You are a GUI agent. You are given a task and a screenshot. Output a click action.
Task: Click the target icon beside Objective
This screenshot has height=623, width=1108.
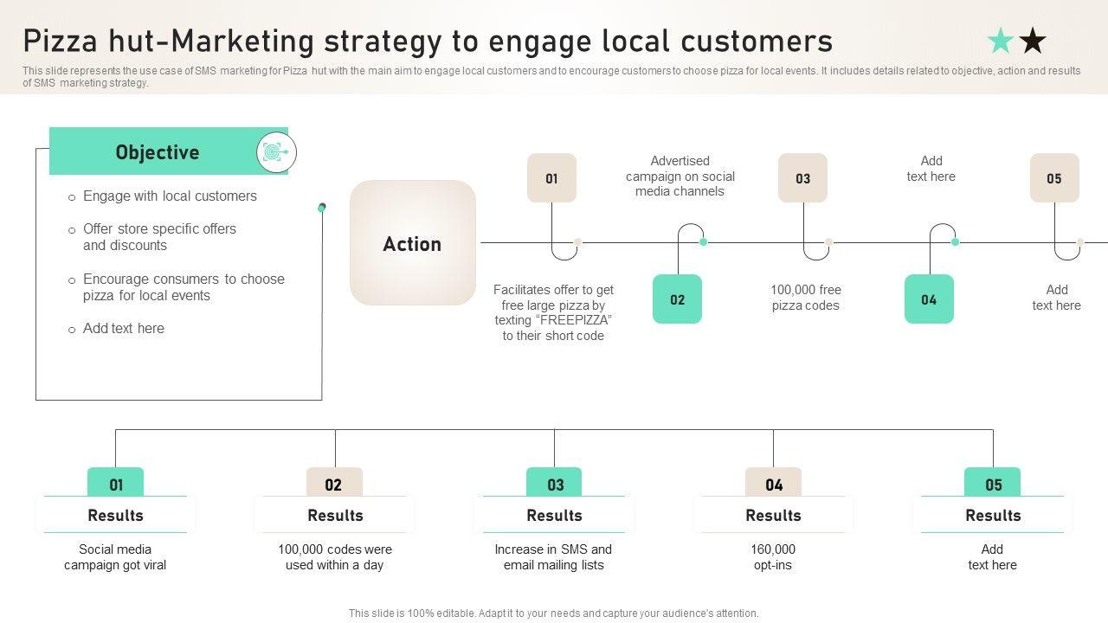(x=276, y=153)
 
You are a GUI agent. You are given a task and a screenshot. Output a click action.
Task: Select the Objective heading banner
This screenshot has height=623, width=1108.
(x=158, y=152)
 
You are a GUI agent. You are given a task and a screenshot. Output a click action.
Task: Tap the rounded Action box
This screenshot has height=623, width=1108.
(x=413, y=243)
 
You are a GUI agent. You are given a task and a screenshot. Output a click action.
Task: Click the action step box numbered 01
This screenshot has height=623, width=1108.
(x=551, y=178)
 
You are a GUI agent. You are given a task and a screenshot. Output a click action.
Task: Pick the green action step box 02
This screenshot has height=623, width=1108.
(x=677, y=299)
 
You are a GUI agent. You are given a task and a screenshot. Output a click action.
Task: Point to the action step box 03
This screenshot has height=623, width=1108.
(x=802, y=178)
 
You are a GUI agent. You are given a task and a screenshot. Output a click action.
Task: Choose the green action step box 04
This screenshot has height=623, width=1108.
(x=929, y=299)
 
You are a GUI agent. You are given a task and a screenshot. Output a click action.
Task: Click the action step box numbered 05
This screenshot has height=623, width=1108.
(x=1053, y=178)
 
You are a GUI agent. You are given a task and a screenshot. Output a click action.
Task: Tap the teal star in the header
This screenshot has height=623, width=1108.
(x=1001, y=40)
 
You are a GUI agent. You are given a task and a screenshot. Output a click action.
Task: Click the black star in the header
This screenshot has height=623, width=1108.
(x=1033, y=40)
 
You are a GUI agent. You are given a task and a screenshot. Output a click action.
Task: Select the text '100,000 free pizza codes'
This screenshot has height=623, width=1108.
(x=806, y=298)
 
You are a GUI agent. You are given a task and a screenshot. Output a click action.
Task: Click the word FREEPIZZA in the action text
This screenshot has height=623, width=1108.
(x=572, y=320)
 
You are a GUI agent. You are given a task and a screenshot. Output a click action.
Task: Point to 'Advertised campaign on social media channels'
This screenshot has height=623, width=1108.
(x=680, y=177)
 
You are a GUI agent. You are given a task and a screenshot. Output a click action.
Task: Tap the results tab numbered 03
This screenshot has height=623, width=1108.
(x=555, y=484)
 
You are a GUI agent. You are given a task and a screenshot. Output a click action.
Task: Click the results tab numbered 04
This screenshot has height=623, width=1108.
(x=774, y=484)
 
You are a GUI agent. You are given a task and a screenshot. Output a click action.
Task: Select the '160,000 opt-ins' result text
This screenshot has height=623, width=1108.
(x=773, y=557)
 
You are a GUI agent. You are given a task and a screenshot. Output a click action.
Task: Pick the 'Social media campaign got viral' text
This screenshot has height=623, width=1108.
(x=115, y=557)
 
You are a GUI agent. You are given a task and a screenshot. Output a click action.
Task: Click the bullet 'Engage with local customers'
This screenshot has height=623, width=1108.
(x=170, y=196)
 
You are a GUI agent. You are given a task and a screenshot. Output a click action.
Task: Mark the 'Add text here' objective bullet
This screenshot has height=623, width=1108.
(x=123, y=329)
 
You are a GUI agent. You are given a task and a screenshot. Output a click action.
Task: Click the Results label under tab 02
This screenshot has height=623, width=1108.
(x=335, y=515)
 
